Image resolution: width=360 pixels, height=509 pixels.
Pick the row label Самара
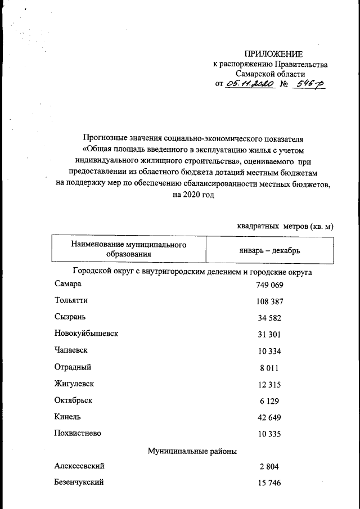coord(69,285)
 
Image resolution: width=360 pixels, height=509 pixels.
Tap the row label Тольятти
coord(71,301)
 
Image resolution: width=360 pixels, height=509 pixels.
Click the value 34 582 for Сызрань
coord(268,318)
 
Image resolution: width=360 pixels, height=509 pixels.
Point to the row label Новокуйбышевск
coord(86,334)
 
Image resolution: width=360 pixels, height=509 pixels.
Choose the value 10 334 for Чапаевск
coord(268,351)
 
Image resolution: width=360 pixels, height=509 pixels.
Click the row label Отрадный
coord(73,367)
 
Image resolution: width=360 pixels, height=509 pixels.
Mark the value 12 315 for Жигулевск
coord(268,384)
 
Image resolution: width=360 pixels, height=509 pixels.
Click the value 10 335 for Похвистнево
coord(268,434)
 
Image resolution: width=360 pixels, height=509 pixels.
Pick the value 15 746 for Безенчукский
coord(268,483)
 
